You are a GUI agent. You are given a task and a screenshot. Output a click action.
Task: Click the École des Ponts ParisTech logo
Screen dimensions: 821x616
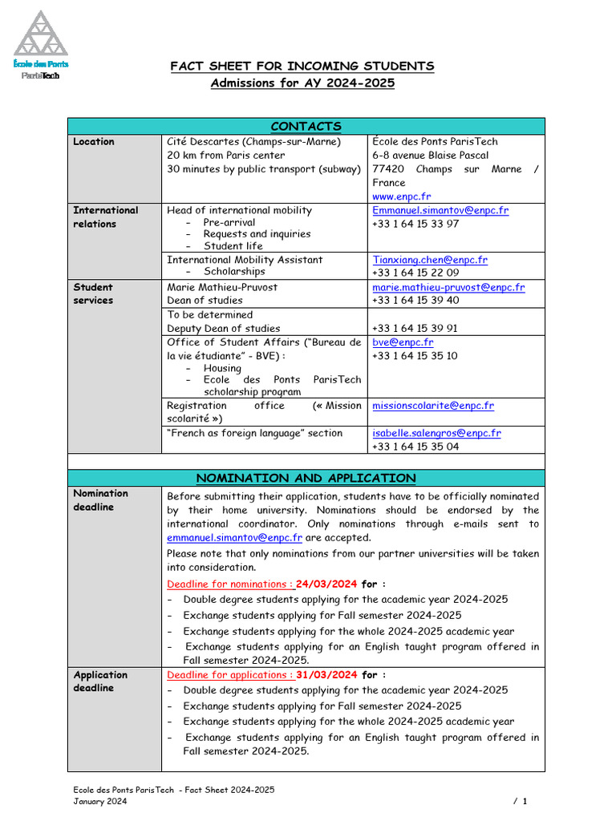pos(41,47)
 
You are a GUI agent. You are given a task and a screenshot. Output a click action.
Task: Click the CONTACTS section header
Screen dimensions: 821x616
pos(306,126)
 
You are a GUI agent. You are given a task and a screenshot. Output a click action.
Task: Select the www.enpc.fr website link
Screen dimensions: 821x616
pos(401,196)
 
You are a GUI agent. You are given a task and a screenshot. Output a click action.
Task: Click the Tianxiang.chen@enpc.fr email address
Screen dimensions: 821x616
pos(429,260)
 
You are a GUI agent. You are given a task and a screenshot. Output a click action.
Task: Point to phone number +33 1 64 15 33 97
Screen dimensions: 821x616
pos(415,224)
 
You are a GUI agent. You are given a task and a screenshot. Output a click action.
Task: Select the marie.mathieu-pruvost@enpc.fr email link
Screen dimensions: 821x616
pos(448,287)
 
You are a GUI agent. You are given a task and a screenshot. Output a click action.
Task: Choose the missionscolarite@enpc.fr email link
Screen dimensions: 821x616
pos(433,406)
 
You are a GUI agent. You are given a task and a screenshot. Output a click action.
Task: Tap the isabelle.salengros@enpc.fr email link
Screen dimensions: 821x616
pos(436,433)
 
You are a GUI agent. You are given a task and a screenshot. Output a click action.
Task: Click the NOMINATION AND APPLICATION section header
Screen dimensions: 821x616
pos(306,478)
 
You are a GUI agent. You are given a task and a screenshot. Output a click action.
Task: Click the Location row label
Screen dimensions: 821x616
pos(94,142)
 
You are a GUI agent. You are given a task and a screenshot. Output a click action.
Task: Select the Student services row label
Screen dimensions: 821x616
pos(94,293)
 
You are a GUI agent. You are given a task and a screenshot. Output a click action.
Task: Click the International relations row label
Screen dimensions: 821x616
pos(105,216)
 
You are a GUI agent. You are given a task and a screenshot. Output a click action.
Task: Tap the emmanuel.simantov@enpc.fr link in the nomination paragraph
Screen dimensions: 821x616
pos(234,538)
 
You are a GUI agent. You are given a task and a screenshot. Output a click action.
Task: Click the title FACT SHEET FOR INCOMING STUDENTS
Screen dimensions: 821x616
pos(302,66)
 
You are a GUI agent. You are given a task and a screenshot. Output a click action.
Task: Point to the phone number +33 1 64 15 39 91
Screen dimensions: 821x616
pos(415,328)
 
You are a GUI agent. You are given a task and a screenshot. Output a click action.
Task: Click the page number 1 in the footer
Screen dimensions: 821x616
pos(525,801)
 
